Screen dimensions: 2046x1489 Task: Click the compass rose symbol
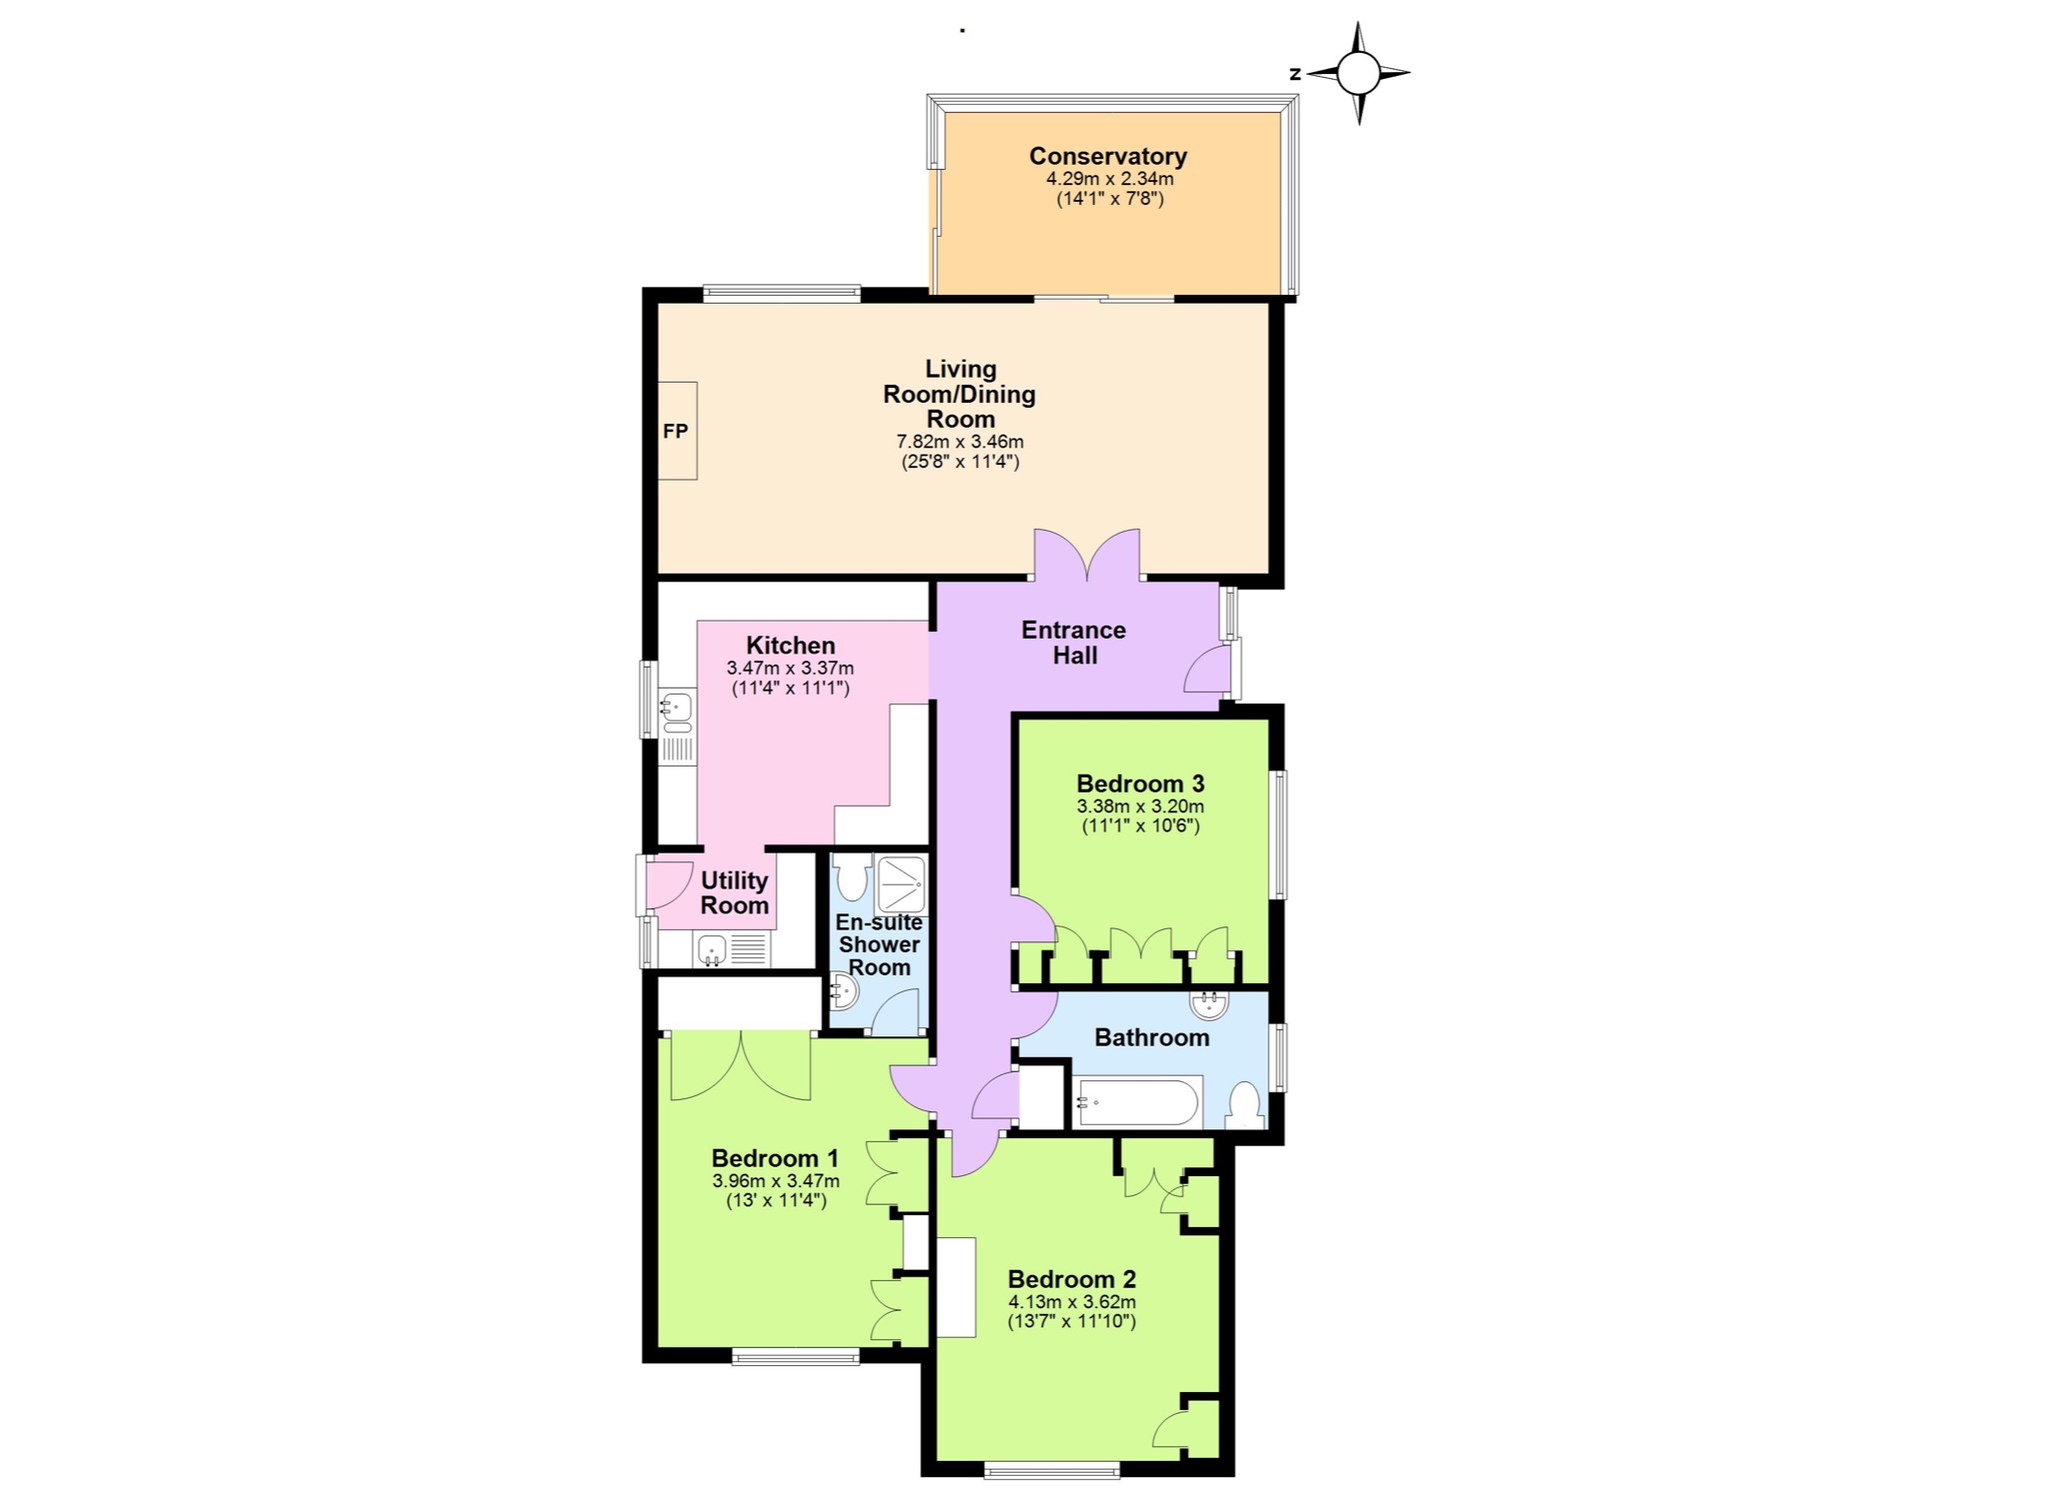pyautogui.click(x=1358, y=73)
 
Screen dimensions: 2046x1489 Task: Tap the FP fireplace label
pyautogui.click(x=675, y=431)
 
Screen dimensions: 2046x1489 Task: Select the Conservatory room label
pyautogui.click(x=1108, y=156)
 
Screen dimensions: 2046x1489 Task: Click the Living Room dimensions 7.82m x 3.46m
pyautogui.click(x=960, y=441)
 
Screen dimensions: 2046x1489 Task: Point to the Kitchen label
pyautogui.click(x=790, y=646)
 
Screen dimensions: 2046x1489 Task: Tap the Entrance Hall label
pyautogui.click(x=1074, y=643)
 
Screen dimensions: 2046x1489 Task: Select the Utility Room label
pyautogui.click(x=734, y=892)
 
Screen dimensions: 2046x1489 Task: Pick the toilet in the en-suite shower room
pyautogui.click(x=852, y=876)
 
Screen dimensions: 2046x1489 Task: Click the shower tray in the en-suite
pyautogui.click(x=902, y=884)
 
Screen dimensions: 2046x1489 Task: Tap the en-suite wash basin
pyautogui.click(x=844, y=992)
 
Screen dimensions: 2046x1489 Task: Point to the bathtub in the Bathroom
pyautogui.click(x=1137, y=1101)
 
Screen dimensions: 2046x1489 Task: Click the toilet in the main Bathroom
pyautogui.click(x=1244, y=1105)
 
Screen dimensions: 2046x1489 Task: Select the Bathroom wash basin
pyautogui.click(x=1209, y=1002)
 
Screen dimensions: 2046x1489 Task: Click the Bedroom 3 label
pyautogui.click(x=1140, y=783)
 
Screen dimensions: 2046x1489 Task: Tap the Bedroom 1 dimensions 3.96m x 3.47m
pyautogui.click(x=775, y=1180)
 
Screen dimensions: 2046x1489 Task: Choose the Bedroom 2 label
pyautogui.click(x=1072, y=1279)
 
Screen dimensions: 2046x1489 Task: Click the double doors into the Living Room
pyautogui.click(x=1087, y=555)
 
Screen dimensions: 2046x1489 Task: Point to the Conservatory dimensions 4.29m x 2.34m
pyautogui.click(x=1110, y=179)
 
